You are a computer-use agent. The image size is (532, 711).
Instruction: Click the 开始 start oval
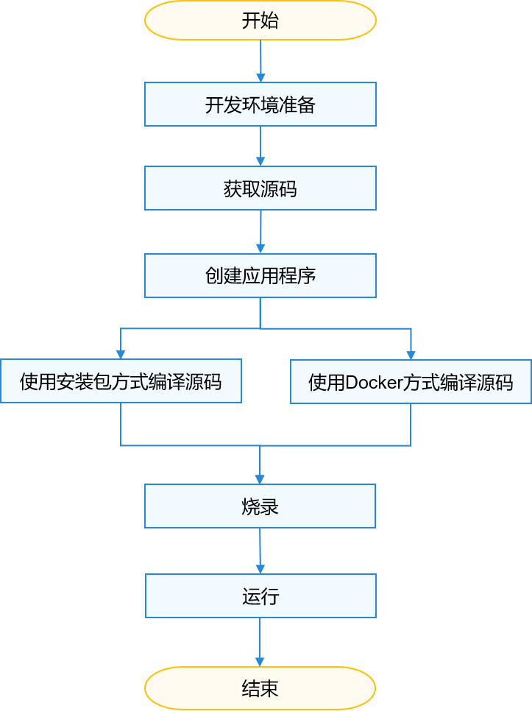260,21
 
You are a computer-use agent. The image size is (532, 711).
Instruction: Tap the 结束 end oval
260,688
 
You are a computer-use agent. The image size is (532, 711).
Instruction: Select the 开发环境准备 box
260,105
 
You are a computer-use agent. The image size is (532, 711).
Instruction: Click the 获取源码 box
260,188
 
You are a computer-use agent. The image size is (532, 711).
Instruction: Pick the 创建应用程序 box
260,276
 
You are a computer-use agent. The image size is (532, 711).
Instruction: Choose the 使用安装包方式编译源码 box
121,381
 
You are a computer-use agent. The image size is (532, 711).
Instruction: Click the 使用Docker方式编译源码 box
411,382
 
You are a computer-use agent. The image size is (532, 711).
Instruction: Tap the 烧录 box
260,506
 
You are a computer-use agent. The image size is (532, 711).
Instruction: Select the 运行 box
260,596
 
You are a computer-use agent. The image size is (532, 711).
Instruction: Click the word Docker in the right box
373,382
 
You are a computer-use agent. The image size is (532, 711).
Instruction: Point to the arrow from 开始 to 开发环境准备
260,61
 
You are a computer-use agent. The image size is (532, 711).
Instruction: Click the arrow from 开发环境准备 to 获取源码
260,146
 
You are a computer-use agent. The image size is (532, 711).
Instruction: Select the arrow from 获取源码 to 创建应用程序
260,232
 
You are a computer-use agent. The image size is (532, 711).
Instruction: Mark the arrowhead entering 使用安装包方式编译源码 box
121,354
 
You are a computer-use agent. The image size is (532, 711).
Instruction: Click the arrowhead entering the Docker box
411,355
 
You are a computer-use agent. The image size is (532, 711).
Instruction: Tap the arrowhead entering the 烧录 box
260,479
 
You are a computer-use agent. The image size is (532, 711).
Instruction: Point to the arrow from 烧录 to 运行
260,551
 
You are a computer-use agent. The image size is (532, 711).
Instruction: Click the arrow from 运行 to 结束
260,643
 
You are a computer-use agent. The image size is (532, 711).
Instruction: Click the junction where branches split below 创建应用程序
260,328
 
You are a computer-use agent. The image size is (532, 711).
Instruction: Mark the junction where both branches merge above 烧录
260,446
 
